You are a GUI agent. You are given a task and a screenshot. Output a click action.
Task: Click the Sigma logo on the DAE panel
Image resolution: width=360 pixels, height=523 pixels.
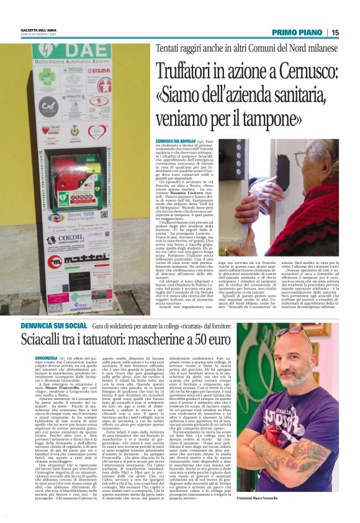click(x=96, y=70)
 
